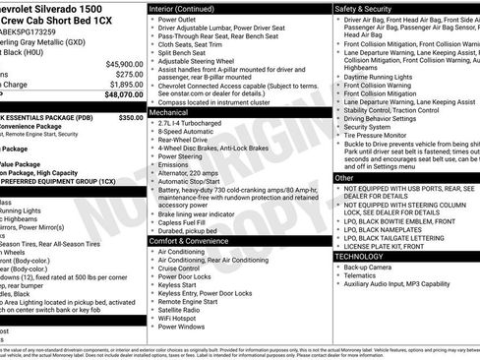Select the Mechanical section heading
174,113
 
